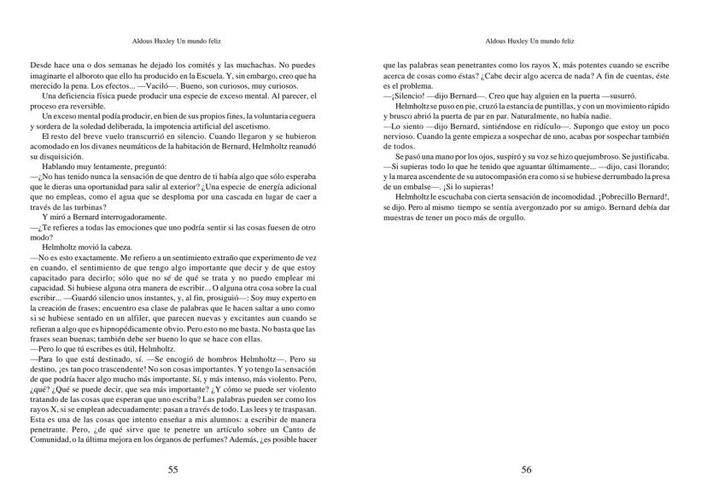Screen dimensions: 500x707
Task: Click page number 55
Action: pos(172,469)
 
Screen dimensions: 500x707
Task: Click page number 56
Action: pos(526,469)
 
